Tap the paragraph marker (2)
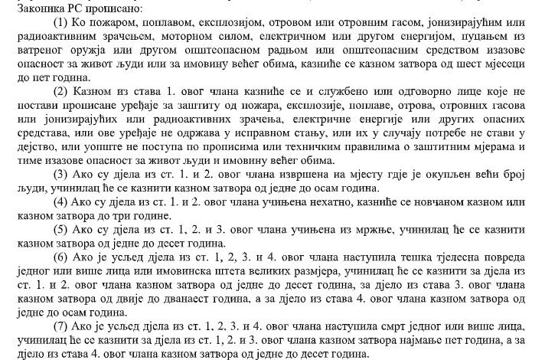tap(61, 91)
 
